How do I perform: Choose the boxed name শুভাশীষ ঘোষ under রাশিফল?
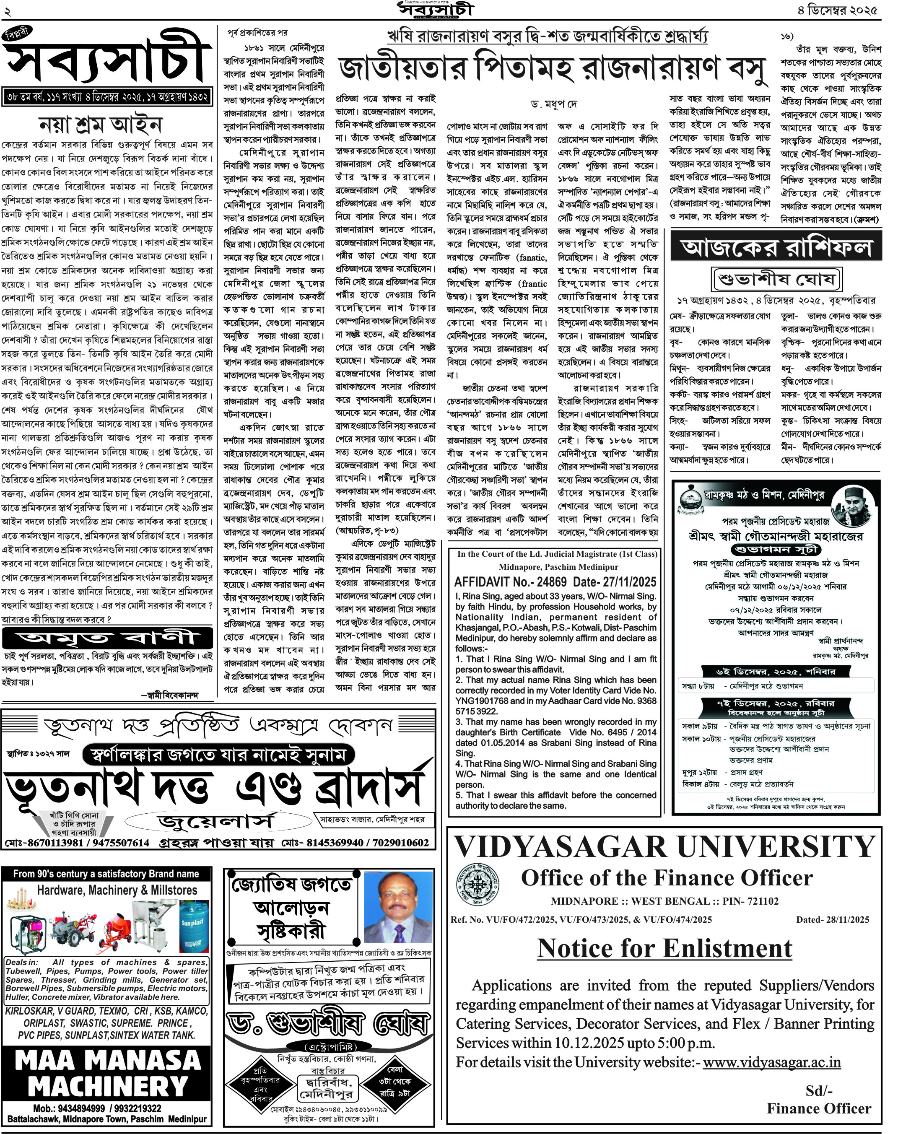coord(776,279)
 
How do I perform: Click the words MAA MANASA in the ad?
coord(108,1060)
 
